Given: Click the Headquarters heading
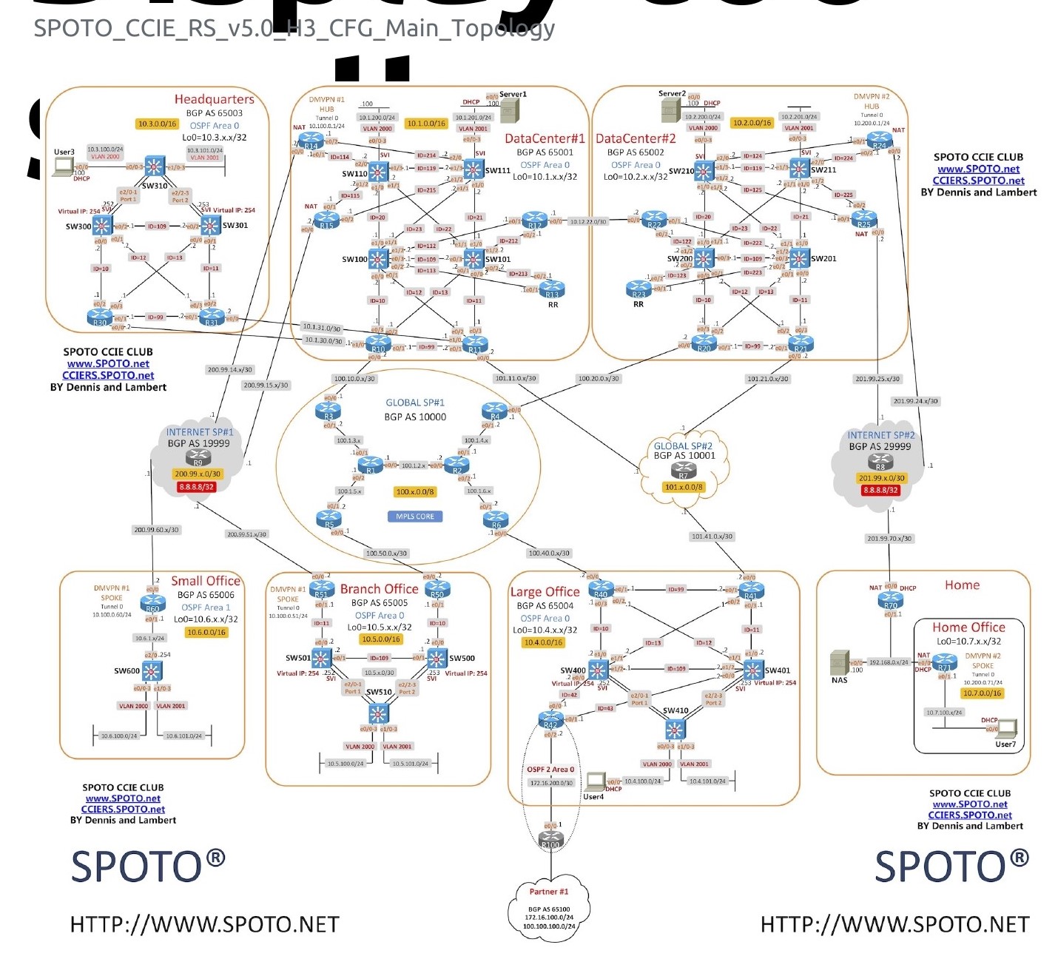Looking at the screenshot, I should coord(214,99).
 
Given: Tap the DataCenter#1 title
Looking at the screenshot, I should coord(545,138).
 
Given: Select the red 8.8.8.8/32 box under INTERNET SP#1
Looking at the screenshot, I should coord(197,487).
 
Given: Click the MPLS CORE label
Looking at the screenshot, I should coord(415,517).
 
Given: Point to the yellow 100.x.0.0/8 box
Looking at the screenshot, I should coord(415,491).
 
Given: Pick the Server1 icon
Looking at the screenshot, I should coord(510,110).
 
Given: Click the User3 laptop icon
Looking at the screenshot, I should coord(64,166).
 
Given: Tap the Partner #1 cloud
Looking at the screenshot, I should coord(549,910).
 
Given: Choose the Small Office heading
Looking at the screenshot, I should coord(206,581).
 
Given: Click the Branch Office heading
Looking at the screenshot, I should coord(379,589).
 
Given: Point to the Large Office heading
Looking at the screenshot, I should coord(545,592).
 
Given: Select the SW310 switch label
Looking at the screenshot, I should coord(155,186).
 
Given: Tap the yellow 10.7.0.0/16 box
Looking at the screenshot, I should coord(983,693).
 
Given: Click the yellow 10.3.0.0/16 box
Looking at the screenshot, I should coord(157,124).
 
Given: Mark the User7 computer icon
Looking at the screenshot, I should coord(1007,728).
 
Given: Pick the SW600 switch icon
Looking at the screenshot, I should coord(152,671).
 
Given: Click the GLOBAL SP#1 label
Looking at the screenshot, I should coord(415,403).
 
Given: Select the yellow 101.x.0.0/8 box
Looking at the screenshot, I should coord(683,487).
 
